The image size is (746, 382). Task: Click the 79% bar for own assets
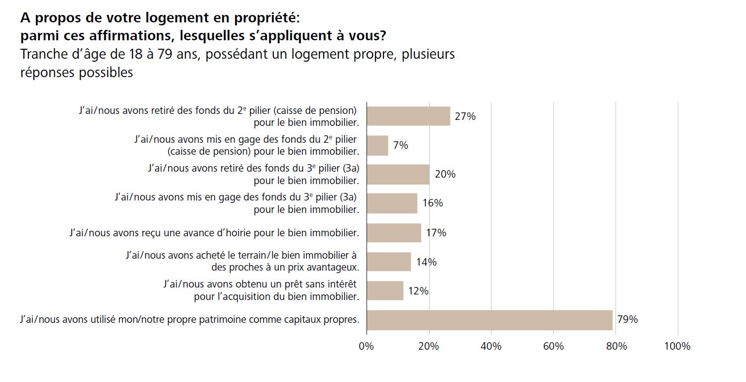pos(490,320)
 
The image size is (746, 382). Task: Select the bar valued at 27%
pos(408,116)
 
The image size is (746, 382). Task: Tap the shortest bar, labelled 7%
pos(377,145)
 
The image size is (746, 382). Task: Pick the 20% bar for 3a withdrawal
pos(398,174)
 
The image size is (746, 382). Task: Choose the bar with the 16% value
pos(392,203)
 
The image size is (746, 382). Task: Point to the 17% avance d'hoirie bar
pos(394,232)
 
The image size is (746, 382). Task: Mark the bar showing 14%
pos(389,262)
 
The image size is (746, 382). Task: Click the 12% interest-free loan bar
pos(385,291)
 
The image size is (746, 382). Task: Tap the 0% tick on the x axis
pos(366,346)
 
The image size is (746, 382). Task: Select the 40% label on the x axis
pos(491,346)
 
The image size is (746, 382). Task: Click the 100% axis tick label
pos(677,346)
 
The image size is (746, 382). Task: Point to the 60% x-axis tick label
pos(553,346)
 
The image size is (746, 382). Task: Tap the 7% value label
pos(400,145)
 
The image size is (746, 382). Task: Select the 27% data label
pos(465,116)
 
